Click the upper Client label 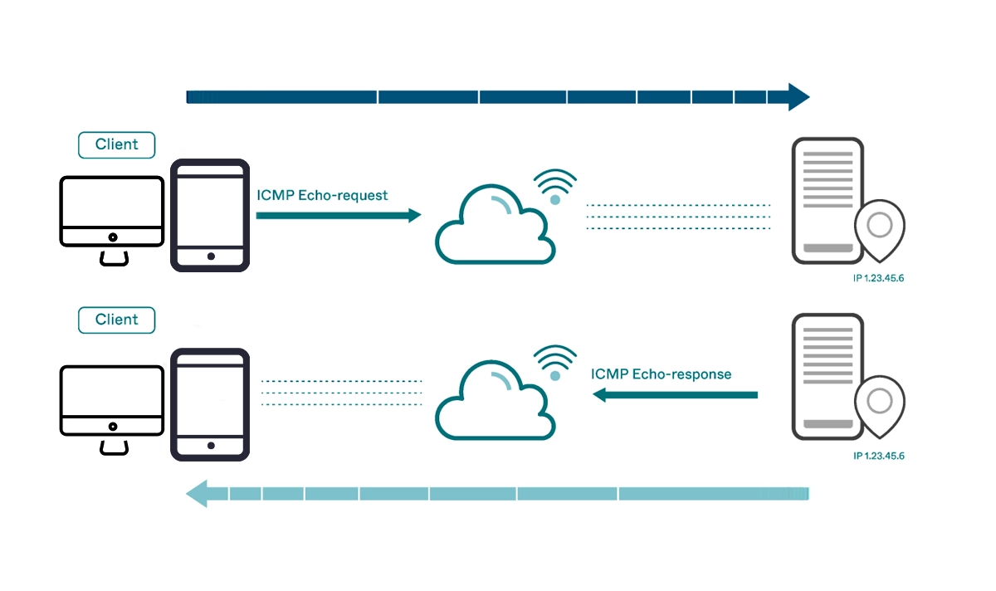(116, 144)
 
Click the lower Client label (116, 320)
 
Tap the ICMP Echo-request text (323, 196)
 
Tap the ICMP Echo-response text (661, 374)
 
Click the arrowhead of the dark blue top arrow (798, 97)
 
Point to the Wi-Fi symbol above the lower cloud (555, 362)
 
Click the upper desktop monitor (112, 211)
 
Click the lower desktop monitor (112, 400)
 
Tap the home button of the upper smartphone (210, 256)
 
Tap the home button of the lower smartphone (210, 446)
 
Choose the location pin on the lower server (880, 403)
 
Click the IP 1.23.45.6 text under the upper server (878, 278)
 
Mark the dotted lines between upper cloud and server (678, 216)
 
